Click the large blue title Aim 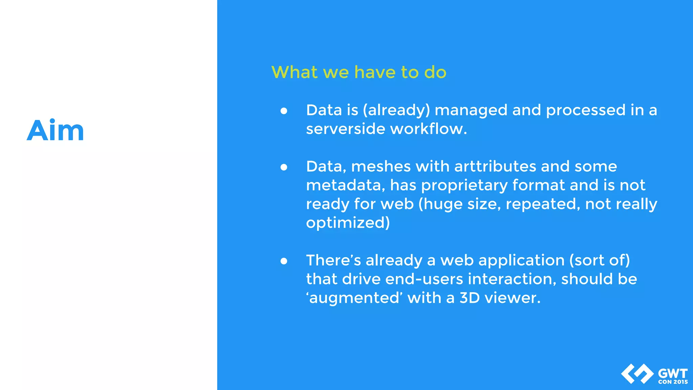point(55,130)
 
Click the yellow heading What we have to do point(359,72)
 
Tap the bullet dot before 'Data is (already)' point(284,111)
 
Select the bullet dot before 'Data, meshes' point(284,167)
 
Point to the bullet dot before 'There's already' point(284,261)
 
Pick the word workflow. point(428,129)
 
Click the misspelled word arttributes point(495,167)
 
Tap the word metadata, point(345,185)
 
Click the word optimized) point(348,223)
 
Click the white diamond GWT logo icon point(637,374)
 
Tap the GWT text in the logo point(673,373)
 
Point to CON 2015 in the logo point(673,382)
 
